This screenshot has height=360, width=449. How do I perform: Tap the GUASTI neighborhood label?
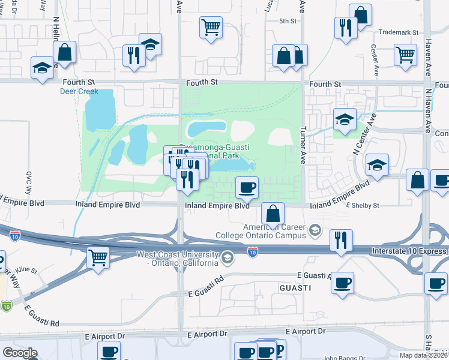click(x=295, y=288)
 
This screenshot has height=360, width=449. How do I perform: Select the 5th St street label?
click(x=288, y=21)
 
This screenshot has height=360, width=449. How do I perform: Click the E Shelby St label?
click(x=363, y=205)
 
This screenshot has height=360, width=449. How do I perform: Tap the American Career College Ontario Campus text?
click(x=274, y=230)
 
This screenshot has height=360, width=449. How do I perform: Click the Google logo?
click(x=20, y=353)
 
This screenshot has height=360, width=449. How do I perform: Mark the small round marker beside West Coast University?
click(x=227, y=259)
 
